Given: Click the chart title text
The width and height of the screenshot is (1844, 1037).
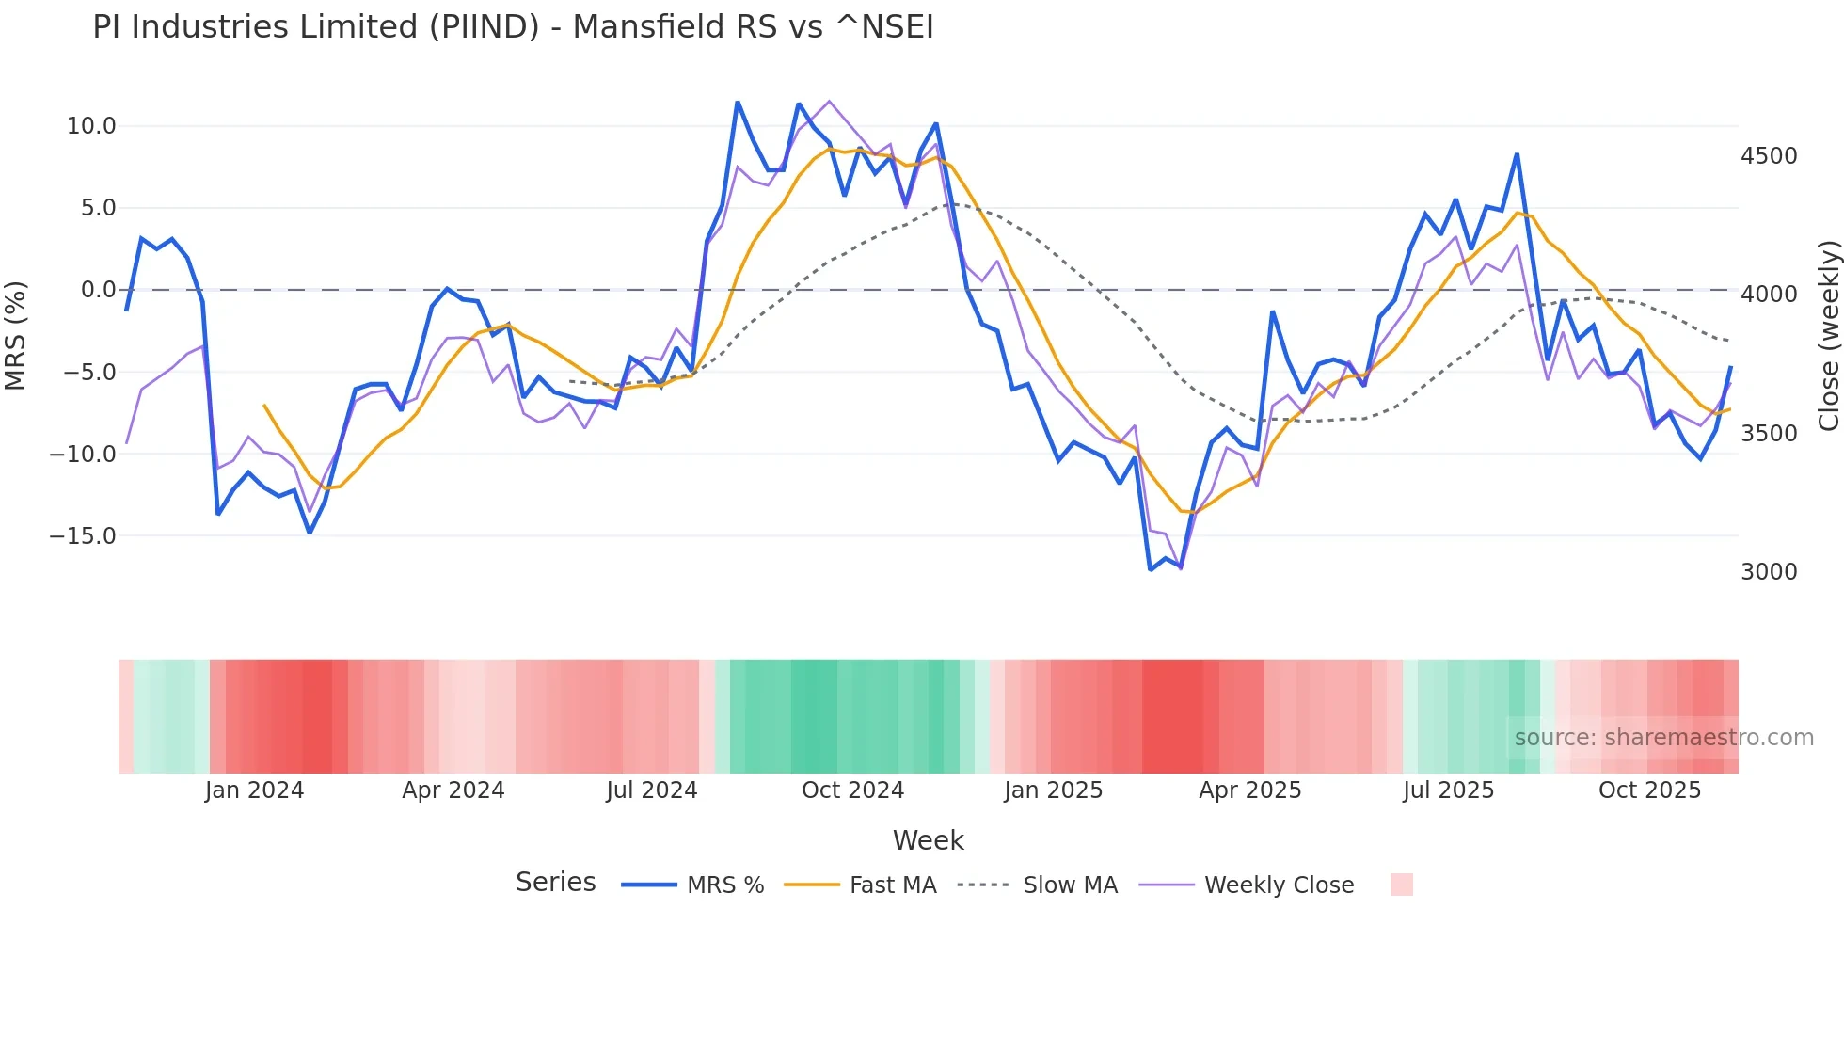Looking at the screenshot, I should [513, 27].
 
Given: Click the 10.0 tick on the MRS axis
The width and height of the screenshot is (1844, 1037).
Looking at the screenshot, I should [90, 126].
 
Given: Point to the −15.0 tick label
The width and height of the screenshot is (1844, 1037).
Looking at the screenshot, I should [83, 536].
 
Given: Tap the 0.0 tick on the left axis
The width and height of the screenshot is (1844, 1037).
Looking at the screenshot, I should [98, 290].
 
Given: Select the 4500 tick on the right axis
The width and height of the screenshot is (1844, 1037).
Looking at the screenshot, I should [1769, 156].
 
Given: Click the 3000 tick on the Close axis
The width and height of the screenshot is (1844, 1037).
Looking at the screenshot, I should [1769, 572].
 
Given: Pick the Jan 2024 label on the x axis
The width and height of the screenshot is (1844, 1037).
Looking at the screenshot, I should [254, 790].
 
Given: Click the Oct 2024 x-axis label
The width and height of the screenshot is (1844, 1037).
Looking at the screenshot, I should [852, 790].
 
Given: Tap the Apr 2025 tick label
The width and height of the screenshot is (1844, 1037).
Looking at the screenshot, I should [1249, 790].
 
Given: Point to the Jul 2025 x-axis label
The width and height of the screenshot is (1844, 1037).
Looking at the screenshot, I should [1448, 790].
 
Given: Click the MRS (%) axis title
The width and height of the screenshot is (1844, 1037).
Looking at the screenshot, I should [16, 335].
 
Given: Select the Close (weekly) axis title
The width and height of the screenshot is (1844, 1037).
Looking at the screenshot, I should [1828, 336].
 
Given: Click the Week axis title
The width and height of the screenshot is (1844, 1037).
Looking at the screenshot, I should [928, 840].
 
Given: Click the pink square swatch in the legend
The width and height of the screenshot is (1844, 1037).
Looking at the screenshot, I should [1401, 885].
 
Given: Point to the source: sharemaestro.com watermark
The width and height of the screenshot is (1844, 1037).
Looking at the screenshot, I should [1663, 738].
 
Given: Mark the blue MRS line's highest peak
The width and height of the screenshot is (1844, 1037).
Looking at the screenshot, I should [738, 102].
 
